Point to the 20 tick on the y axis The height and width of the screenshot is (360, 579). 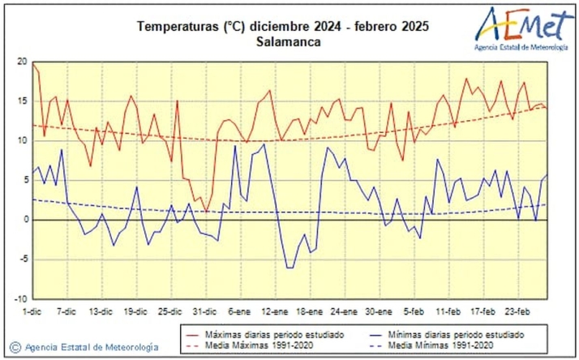pyautogui.click(x=22, y=62)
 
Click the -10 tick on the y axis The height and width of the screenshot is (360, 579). pyautogui.click(x=20, y=298)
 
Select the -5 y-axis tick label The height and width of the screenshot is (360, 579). pyautogui.click(x=23, y=259)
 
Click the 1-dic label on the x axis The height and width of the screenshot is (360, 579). pyautogui.click(x=32, y=311)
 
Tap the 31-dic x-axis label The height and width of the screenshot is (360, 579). pyautogui.click(x=206, y=311)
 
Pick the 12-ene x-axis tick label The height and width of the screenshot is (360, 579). pyautogui.click(x=275, y=311)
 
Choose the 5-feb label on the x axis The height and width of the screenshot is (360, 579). pyautogui.click(x=414, y=311)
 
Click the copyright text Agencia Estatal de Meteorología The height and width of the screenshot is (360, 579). pyautogui.click(x=85, y=347)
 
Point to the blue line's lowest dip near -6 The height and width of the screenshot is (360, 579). pyautogui.click(x=289, y=268)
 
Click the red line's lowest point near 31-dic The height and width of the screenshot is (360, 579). pyautogui.click(x=206, y=212)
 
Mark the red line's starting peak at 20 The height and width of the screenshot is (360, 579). pyautogui.click(x=33, y=62)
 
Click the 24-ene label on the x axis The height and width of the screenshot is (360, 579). pyautogui.click(x=344, y=311)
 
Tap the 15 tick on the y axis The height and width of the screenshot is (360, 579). pyautogui.click(x=22, y=101)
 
